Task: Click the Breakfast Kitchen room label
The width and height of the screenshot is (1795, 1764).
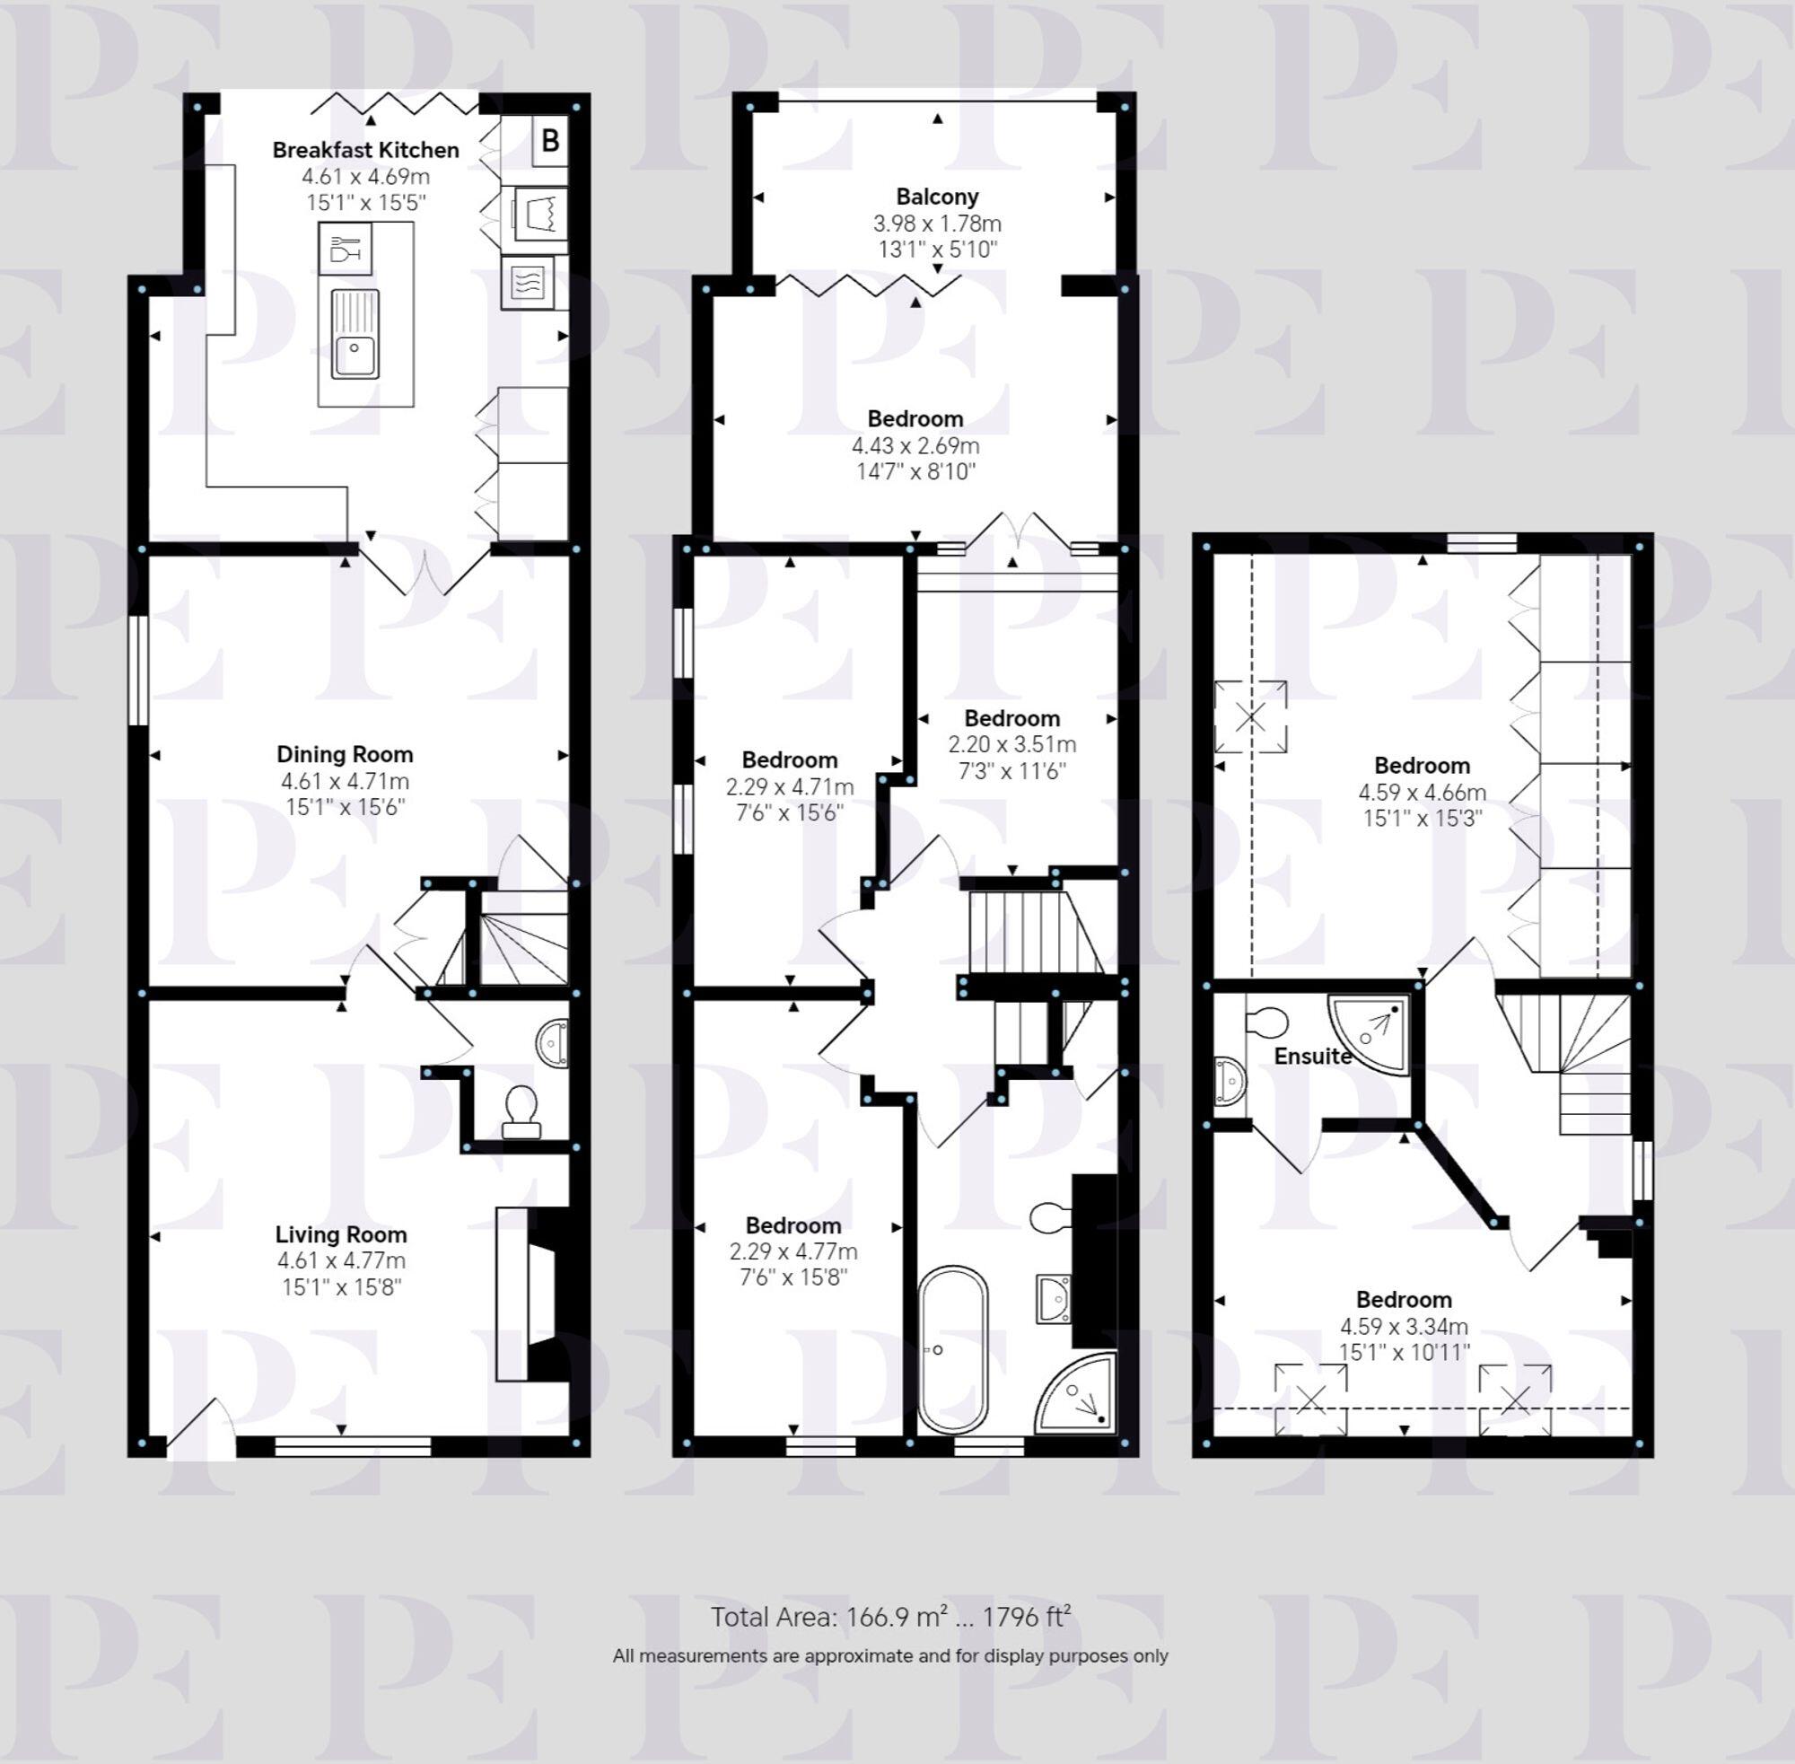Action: pos(365,150)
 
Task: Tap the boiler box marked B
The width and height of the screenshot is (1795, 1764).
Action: pos(550,141)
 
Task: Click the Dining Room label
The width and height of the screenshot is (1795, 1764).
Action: pos(345,754)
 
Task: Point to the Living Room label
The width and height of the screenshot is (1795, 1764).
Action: pos(341,1234)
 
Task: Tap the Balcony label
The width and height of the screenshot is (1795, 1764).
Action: pos(937,197)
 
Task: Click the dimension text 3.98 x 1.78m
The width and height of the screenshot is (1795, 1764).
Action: pos(937,224)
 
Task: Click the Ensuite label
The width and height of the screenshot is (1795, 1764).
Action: pos(1311,1057)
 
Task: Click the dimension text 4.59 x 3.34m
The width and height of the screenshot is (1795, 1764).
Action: pos(1403,1327)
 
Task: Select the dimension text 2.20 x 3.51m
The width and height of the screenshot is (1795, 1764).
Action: pos(1011,744)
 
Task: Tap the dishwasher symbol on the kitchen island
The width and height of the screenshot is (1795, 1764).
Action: pos(345,250)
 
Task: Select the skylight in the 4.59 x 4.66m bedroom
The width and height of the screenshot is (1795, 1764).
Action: pos(1249,716)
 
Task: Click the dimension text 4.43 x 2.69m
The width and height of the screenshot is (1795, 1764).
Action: pos(915,445)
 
